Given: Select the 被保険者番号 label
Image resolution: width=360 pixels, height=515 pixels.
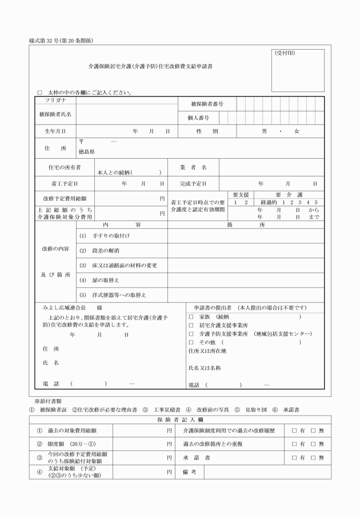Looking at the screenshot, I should (207, 104).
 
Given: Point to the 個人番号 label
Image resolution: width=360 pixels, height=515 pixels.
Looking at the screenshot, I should (198, 118).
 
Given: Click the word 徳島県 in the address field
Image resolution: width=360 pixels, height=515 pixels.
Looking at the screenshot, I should (87, 152).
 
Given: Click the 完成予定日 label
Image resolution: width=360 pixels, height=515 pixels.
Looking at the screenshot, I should (193, 184).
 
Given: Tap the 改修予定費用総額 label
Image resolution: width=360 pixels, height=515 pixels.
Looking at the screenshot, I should (61, 199).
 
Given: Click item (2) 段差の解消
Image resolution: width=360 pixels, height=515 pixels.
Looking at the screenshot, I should (99, 251).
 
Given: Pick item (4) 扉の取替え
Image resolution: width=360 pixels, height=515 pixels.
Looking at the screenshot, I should (99, 280).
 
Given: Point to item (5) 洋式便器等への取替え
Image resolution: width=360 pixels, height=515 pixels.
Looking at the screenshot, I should (113, 295).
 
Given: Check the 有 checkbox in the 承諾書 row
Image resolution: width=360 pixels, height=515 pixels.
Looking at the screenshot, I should (294, 457).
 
